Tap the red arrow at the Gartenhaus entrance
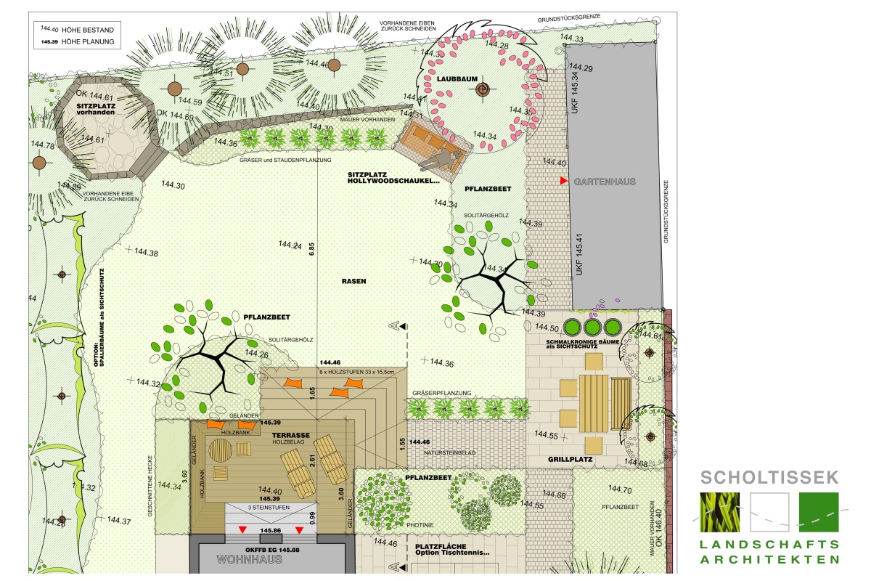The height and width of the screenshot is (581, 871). pos(563,179)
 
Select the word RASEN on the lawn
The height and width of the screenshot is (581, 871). pos(354,280)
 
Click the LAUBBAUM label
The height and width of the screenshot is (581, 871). pos(454,79)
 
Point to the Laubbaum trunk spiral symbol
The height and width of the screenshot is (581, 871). pos(482,90)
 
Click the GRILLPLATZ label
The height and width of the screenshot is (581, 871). pos(571,460)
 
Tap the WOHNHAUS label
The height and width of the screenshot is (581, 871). pos(247,560)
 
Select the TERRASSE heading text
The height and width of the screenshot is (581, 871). pos(292,435)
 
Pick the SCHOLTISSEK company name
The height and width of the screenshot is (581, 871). pos(770,477)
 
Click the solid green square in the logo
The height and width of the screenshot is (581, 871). pos(819,512)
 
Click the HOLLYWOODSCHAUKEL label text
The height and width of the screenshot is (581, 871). pos(394,181)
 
